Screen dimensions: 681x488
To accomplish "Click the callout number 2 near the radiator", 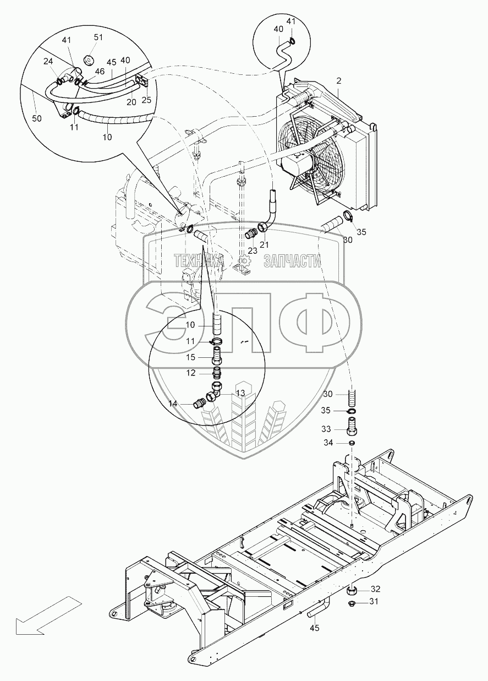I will coord(339,81).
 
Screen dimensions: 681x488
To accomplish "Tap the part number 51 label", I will coord(98,37).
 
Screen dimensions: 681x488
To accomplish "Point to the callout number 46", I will coord(100,72).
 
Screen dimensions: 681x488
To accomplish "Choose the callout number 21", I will coord(264,244).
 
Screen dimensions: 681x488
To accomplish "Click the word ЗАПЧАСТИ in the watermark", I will coord(292,260).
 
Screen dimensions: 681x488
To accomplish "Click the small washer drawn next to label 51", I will coord(87,59).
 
